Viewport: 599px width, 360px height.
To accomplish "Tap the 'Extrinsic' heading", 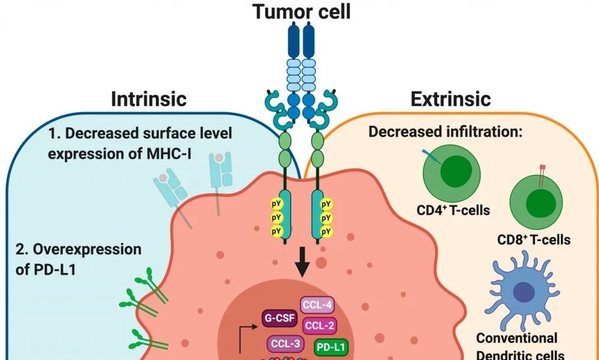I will click(451, 99).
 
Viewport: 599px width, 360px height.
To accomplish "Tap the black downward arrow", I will click(302, 265).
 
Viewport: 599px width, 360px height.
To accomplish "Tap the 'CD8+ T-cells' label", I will click(534, 240).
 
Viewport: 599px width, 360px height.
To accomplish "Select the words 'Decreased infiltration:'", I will click(445, 133).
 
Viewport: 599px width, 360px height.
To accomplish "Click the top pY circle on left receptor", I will click(276, 204).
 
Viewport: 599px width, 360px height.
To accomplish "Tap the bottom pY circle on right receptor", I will click(325, 230).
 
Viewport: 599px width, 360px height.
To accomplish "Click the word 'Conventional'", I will click(517, 338).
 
